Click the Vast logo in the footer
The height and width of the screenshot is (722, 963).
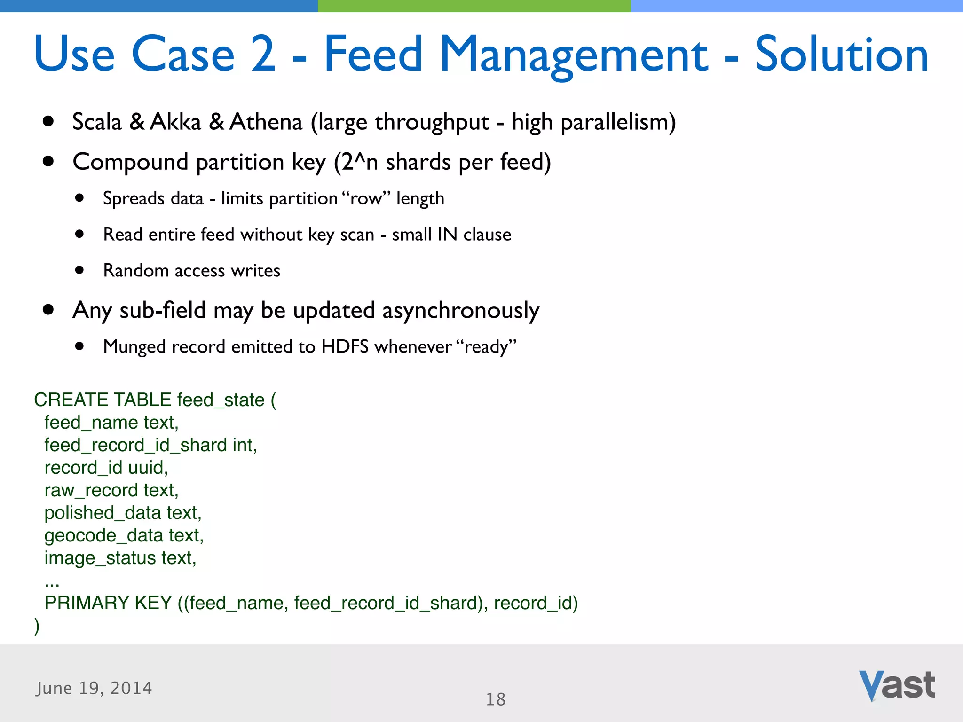[x=897, y=685]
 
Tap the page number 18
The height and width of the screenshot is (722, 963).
[x=496, y=699]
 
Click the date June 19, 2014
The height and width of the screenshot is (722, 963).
[x=94, y=688]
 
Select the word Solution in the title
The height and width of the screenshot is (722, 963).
[x=841, y=55]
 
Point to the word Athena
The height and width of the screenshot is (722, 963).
[x=266, y=122]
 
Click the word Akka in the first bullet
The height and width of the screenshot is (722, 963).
[x=176, y=122]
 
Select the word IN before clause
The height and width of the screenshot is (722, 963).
[x=447, y=234]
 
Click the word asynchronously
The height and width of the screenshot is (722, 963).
[x=461, y=311]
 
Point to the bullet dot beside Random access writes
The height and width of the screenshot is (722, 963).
[x=79, y=270]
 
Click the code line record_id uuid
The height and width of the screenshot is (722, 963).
[x=106, y=468]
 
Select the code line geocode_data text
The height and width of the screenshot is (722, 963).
[x=124, y=535]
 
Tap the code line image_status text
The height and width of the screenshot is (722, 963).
[x=120, y=558]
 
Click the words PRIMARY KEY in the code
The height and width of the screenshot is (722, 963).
[x=108, y=603]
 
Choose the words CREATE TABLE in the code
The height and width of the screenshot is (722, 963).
[x=103, y=400]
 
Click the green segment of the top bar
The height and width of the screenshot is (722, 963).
[x=474, y=6]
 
